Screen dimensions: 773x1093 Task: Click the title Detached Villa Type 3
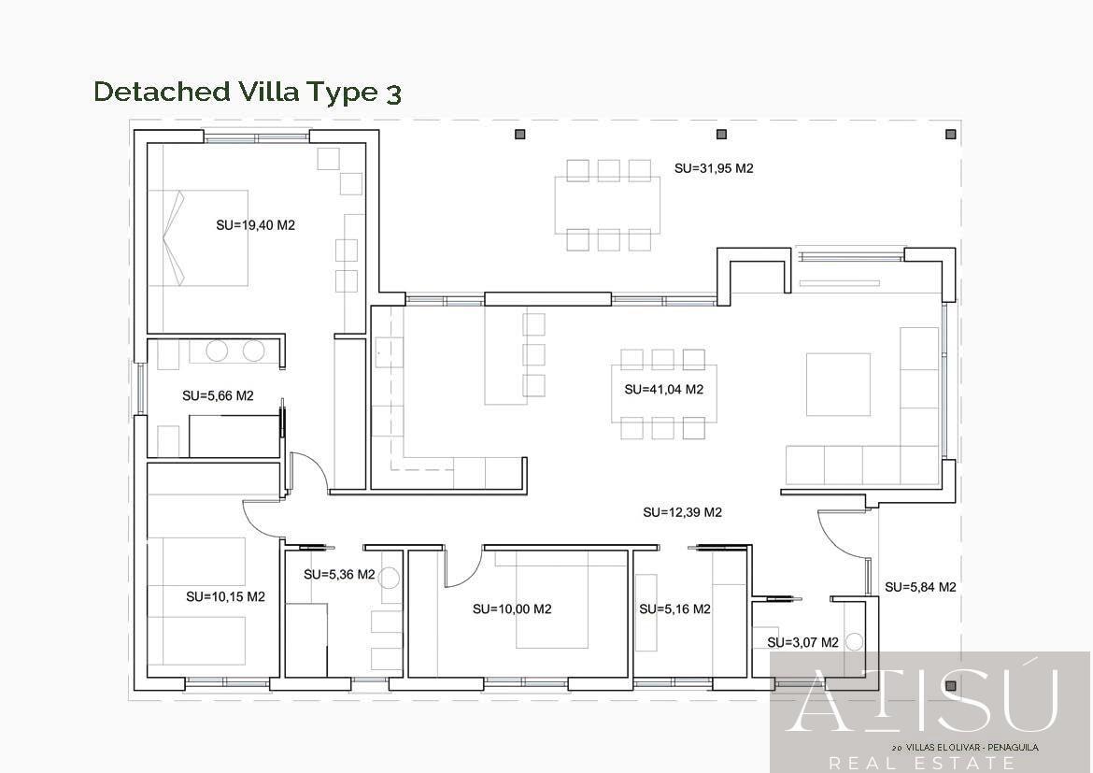click(x=248, y=92)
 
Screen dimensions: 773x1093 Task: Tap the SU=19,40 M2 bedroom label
click(x=255, y=225)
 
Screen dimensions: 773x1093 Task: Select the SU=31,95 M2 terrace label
click(x=714, y=169)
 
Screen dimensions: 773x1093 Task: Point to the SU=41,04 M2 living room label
click(x=663, y=390)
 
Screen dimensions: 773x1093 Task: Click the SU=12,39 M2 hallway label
click(x=682, y=512)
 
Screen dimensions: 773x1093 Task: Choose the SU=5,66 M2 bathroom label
click(x=218, y=396)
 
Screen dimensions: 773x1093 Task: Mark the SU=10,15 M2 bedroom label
click(x=225, y=596)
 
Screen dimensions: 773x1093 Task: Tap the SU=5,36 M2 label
click(x=339, y=575)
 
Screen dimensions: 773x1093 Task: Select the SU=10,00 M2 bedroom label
click(x=512, y=609)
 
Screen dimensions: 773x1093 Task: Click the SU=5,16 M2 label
click(x=674, y=609)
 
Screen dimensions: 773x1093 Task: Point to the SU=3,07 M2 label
click(x=802, y=643)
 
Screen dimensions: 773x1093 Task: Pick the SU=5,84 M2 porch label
click(x=920, y=587)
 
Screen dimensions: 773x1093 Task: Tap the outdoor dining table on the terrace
click(x=607, y=205)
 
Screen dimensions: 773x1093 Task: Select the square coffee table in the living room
click(x=838, y=384)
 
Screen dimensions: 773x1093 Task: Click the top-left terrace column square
click(x=520, y=135)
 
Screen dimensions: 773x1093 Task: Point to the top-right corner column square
click(x=950, y=135)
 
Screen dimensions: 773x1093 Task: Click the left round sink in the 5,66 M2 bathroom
click(x=217, y=351)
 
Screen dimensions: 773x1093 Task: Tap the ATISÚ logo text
click(x=925, y=701)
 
